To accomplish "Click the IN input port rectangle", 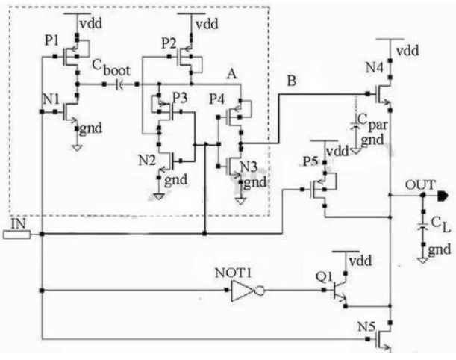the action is point(16,235).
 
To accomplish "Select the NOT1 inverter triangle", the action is point(242,291).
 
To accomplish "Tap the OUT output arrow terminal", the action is point(443,195).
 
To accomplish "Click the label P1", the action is point(51,40).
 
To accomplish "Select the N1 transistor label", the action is point(51,99).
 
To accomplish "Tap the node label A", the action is point(231,74).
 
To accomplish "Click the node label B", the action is point(291,81).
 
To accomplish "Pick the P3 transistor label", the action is point(181,98).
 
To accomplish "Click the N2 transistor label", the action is point(147,160).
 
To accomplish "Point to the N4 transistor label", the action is point(375,67).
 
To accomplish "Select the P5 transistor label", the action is point(310,161).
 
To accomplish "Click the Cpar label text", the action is point(372,122).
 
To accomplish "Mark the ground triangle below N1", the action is point(77,148).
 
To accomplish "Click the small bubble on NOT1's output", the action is point(260,291).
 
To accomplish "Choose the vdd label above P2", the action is point(207,24).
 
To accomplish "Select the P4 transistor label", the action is point(217,99).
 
